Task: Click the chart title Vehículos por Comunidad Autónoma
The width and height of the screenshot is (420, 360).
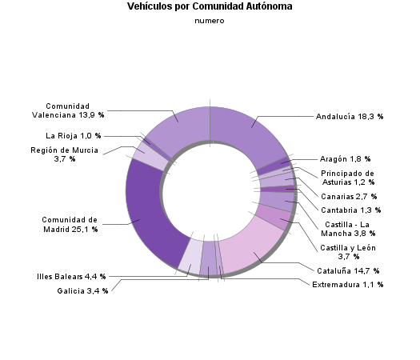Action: [210, 6]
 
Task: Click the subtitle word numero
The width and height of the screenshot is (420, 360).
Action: [210, 21]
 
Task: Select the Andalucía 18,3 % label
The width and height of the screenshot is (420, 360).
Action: [350, 117]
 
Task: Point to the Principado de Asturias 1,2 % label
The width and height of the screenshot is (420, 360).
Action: [347, 178]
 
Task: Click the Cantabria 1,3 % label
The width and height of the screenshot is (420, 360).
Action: [350, 210]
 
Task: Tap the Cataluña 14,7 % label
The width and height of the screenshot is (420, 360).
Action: [348, 271]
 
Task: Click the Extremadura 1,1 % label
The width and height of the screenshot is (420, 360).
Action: [348, 284]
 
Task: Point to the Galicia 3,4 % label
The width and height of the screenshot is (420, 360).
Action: [82, 290]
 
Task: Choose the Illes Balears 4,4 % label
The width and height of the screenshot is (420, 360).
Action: [71, 277]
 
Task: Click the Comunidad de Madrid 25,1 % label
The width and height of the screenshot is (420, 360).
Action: [70, 224]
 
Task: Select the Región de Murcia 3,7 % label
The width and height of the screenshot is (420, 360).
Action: [65, 154]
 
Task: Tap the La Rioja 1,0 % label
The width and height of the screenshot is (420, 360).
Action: [74, 135]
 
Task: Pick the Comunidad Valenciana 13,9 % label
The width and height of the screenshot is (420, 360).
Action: [74, 111]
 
